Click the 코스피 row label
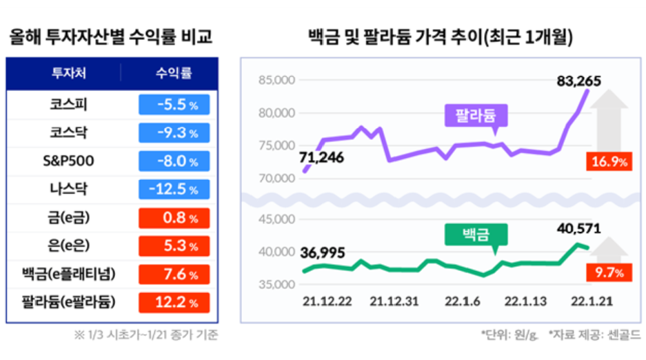pyautogui.click(x=69, y=105)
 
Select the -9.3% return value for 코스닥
pyautogui.click(x=174, y=133)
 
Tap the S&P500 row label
pyautogui.click(x=69, y=161)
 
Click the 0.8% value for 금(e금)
pyautogui.click(x=174, y=218)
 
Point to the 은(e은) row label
pyautogui.click(x=69, y=246)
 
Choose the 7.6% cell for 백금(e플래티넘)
pyautogui.click(x=174, y=274)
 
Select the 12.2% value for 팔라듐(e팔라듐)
pyautogui.click(x=174, y=302)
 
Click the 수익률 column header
pyautogui.click(x=174, y=73)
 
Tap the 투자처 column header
pyautogui.click(x=69, y=73)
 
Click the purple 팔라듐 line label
pyautogui.click(x=475, y=114)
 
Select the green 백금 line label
pyautogui.click(x=475, y=234)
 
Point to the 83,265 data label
pyautogui.click(x=578, y=81)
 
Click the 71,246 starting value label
pyautogui.click(x=321, y=157)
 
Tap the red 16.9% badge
pyautogui.click(x=609, y=162)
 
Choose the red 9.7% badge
pyautogui.click(x=609, y=273)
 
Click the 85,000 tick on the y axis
pyautogui.click(x=276, y=81)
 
